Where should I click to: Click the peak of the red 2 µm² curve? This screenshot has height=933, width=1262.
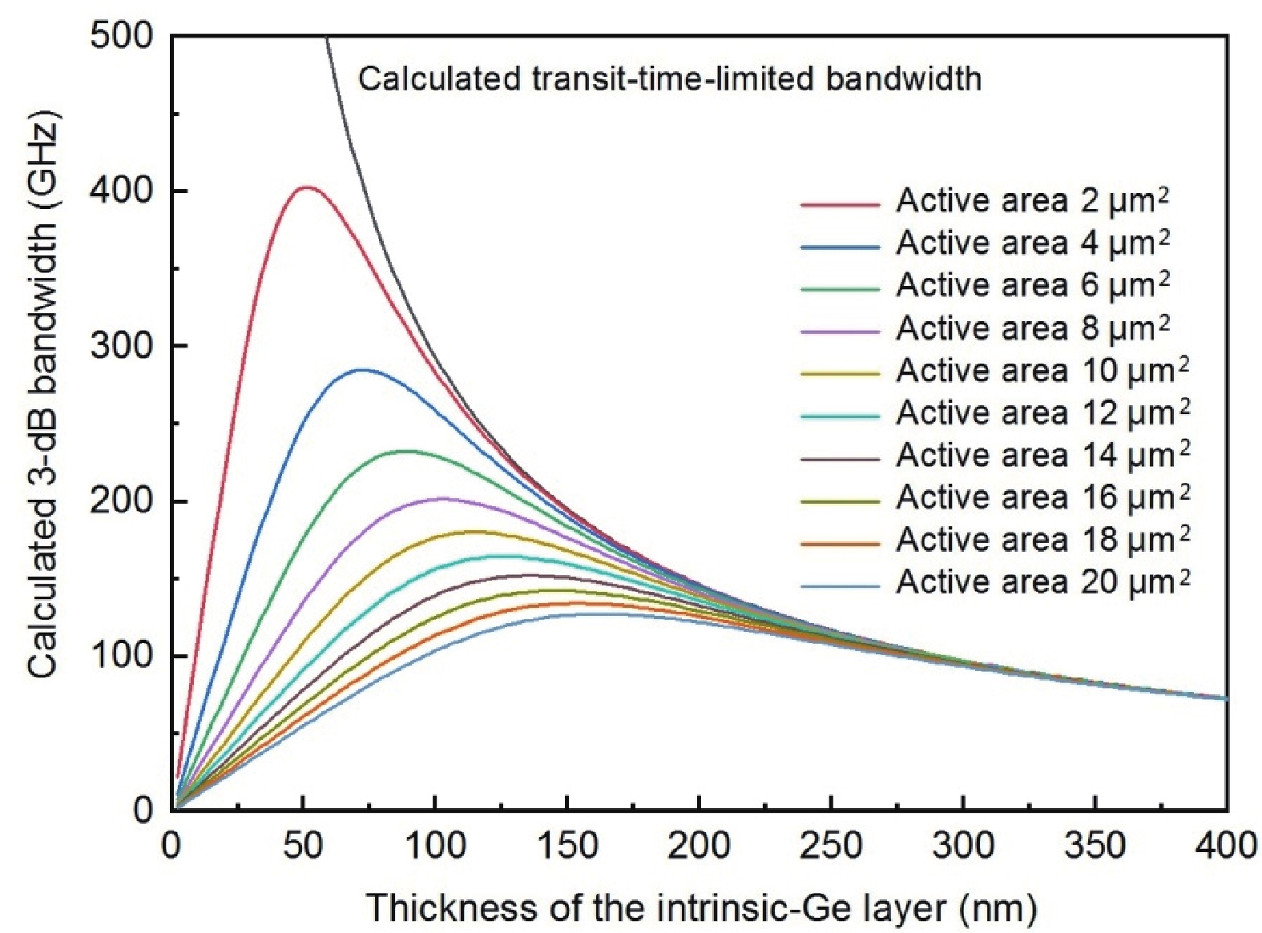[305, 187]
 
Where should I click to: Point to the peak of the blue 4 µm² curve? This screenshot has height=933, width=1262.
[362, 370]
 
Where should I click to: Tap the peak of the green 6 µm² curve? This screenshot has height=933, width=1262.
[406, 451]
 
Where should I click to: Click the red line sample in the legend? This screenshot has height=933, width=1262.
[839, 205]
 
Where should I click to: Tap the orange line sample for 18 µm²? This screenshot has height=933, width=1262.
[839, 544]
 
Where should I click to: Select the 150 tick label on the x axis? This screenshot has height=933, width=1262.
[566, 846]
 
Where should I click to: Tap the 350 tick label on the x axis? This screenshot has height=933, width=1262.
[1095, 846]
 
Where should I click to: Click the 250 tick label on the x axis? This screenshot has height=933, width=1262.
[831, 846]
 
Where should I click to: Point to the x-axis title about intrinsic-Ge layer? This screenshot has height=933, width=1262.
[701, 908]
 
